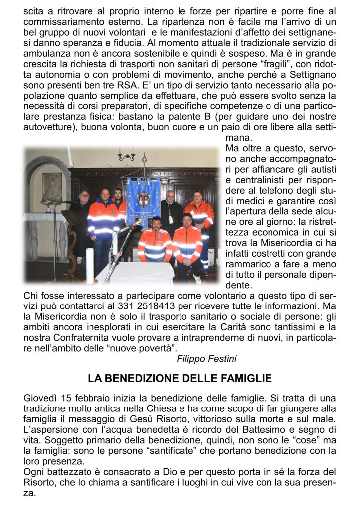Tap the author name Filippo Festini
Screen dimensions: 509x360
[206, 358]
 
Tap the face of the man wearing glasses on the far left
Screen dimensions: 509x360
[84, 195]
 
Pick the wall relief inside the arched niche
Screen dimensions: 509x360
[52, 186]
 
